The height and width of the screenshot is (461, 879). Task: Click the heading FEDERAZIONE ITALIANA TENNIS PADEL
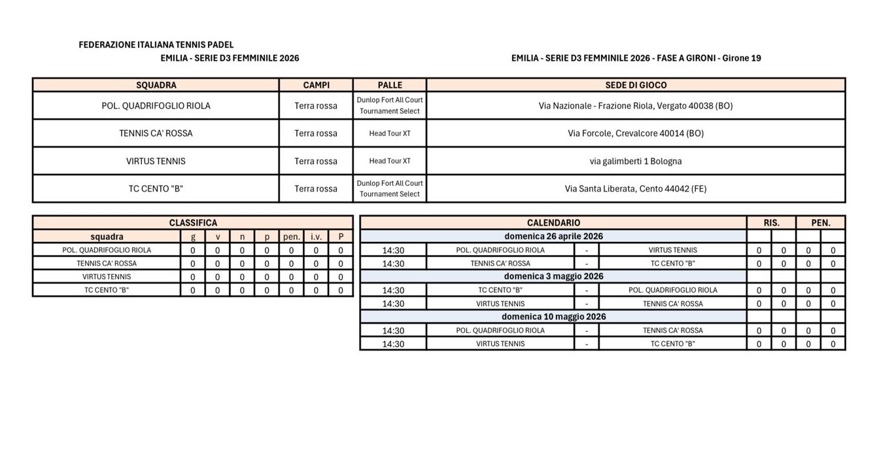[156, 45]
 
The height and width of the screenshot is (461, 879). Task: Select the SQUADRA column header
[156, 85]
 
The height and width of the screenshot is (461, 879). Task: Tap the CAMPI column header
[316, 85]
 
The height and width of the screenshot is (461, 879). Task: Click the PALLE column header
[390, 85]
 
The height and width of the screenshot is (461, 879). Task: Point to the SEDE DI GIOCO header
[636, 85]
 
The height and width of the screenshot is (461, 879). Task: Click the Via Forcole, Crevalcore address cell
[636, 133]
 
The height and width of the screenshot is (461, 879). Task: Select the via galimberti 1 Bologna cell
[636, 161]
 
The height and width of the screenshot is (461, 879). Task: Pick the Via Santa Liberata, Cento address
[636, 189]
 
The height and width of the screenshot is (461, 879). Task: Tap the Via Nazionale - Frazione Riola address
[636, 105]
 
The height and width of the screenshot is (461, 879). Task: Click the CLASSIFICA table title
[193, 223]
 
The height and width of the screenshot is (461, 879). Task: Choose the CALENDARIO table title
[553, 223]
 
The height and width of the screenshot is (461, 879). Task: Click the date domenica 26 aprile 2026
[553, 236]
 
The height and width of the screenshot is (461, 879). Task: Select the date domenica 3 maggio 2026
[553, 277]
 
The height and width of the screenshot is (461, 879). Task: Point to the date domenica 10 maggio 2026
[553, 316]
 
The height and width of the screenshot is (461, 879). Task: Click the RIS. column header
[772, 223]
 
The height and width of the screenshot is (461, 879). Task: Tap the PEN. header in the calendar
[821, 223]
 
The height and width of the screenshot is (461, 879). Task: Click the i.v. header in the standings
[316, 237]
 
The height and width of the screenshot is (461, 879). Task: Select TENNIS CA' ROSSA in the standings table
[107, 264]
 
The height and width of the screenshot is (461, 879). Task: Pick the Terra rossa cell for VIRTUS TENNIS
[316, 162]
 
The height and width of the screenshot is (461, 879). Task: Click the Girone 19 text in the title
[742, 58]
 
